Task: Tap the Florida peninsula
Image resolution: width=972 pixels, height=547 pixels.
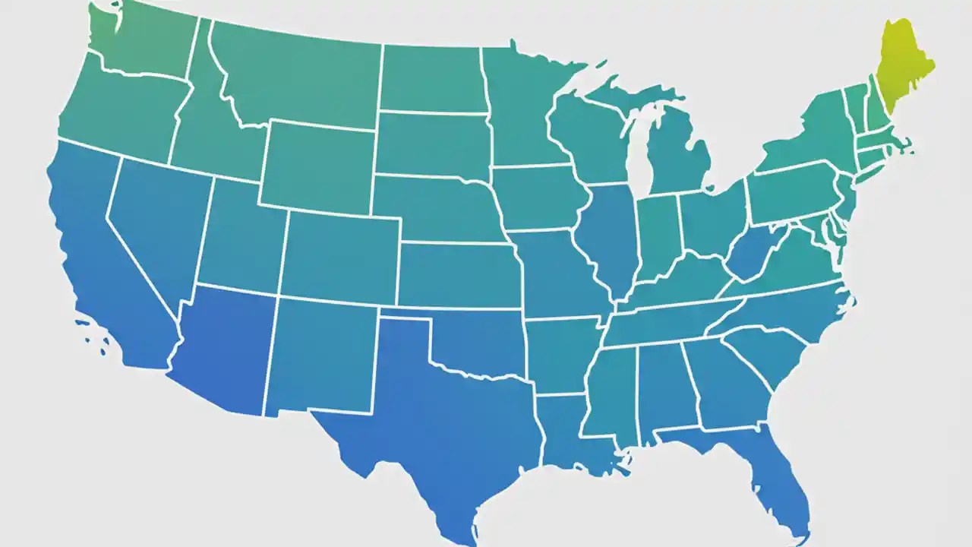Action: [775, 479]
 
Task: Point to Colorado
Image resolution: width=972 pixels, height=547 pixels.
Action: [342, 255]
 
